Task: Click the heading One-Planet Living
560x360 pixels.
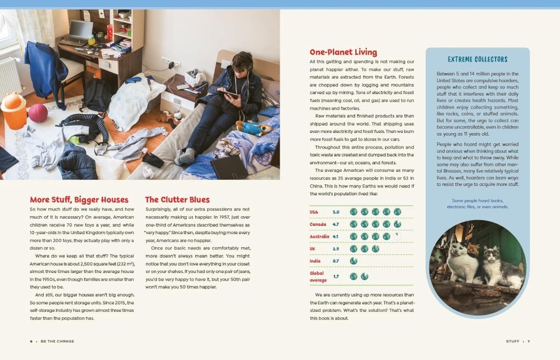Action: pos(343,53)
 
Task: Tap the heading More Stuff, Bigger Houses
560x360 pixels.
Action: pos(79,200)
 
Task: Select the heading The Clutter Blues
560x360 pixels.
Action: pos(177,200)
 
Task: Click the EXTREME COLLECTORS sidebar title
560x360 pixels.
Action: pos(477,59)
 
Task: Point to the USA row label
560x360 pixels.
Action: pos(313,212)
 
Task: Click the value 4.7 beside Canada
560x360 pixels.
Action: pos(336,224)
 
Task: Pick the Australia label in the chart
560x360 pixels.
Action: pos(319,236)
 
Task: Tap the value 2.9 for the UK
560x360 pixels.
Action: pos(336,249)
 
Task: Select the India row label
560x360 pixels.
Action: pos(315,261)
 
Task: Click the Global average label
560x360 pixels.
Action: pos(317,276)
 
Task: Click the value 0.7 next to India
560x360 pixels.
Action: pos(336,261)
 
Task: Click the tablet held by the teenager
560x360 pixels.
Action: pos(229,94)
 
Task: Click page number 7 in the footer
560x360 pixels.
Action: pos(528,341)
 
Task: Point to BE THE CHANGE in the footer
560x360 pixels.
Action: pos(57,341)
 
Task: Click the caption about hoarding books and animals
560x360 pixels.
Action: pos(477,204)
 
